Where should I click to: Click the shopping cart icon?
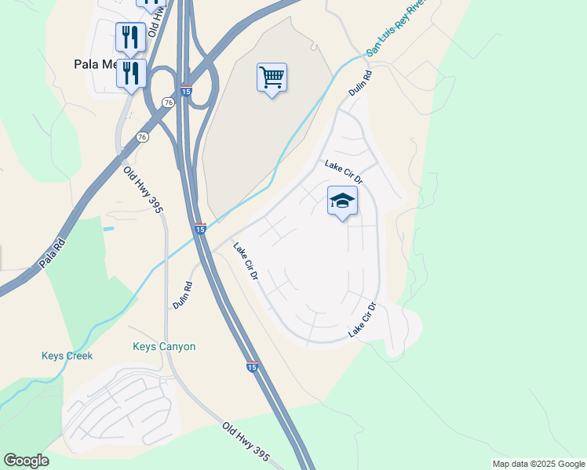coord(272,78)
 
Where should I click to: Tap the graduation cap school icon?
coord(342,201)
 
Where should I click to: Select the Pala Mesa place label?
coord(93,64)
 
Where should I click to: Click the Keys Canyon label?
coord(164,346)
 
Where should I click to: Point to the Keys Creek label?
coord(67,356)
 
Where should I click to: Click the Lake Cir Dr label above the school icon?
coord(344,172)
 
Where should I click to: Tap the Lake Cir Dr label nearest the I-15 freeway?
coord(246,262)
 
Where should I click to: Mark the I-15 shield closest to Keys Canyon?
coord(251,366)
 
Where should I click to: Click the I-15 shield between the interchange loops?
coord(186,91)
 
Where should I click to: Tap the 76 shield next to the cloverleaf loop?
coord(168,103)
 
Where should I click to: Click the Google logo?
coord(26,461)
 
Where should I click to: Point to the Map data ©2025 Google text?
coord(538,464)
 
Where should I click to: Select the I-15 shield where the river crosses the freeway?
coord(200,229)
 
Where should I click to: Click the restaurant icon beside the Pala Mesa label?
coord(131,74)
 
